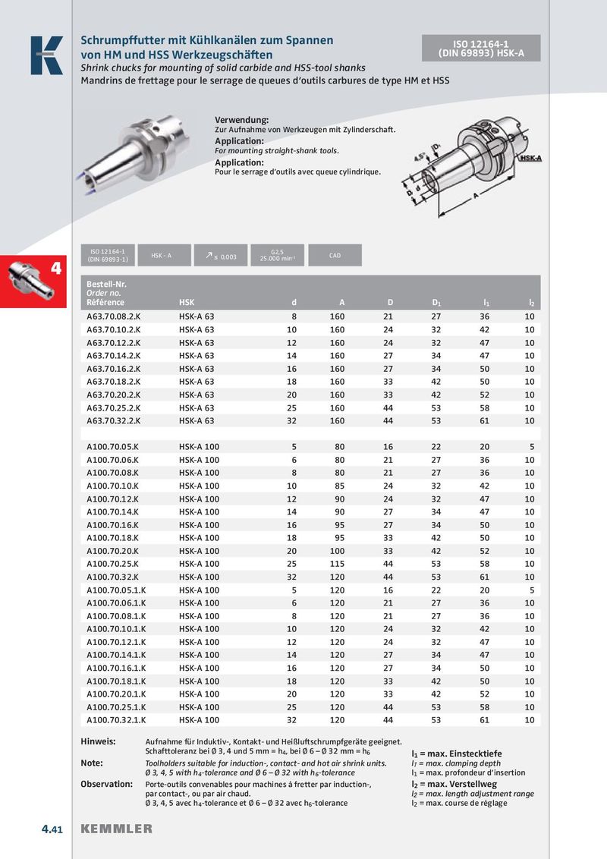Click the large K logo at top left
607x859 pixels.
click(46, 55)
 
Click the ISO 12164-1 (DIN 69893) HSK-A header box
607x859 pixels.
click(481, 48)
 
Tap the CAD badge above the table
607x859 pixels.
click(335, 256)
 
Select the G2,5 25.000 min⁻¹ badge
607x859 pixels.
click(277, 256)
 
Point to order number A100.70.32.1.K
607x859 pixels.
click(116, 720)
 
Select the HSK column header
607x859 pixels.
click(187, 303)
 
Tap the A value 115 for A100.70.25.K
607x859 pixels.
click(337, 564)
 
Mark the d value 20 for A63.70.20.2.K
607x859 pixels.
click(292, 395)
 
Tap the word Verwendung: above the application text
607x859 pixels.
click(242, 121)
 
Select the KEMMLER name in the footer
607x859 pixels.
click(116, 829)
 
